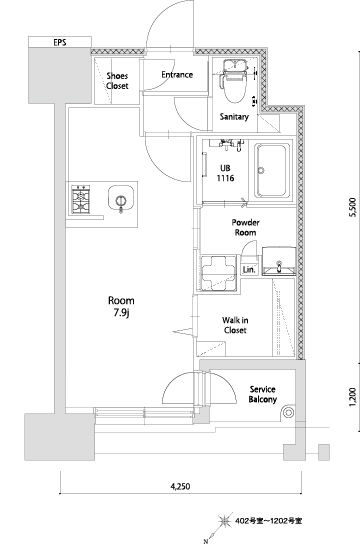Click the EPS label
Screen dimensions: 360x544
tap(60, 43)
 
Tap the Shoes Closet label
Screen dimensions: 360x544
tap(117, 81)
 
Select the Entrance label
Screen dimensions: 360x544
tap(177, 75)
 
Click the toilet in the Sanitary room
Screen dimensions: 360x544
tap(235, 82)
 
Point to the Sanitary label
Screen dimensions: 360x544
tap(234, 117)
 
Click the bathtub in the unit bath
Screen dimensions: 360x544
tap(272, 170)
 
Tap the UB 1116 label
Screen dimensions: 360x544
tap(225, 173)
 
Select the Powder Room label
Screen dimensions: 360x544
tap(246, 227)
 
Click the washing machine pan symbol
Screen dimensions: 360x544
tap(218, 273)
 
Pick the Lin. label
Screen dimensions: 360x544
tap(249, 270)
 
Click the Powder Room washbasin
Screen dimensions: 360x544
tap(279, 261)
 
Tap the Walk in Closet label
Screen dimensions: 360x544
tap(235, 325)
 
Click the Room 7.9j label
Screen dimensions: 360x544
tap(121, 307)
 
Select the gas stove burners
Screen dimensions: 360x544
tap(81, 199)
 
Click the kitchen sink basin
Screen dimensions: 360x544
tap(121, 198)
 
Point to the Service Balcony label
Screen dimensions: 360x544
tap(263, 394)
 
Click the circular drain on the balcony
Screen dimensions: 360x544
tap(289, 413)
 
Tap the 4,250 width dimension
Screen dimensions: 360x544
tap(180, 486)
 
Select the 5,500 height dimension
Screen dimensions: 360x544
tap(352, 207)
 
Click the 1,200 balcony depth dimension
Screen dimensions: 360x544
tap(352, 397)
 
